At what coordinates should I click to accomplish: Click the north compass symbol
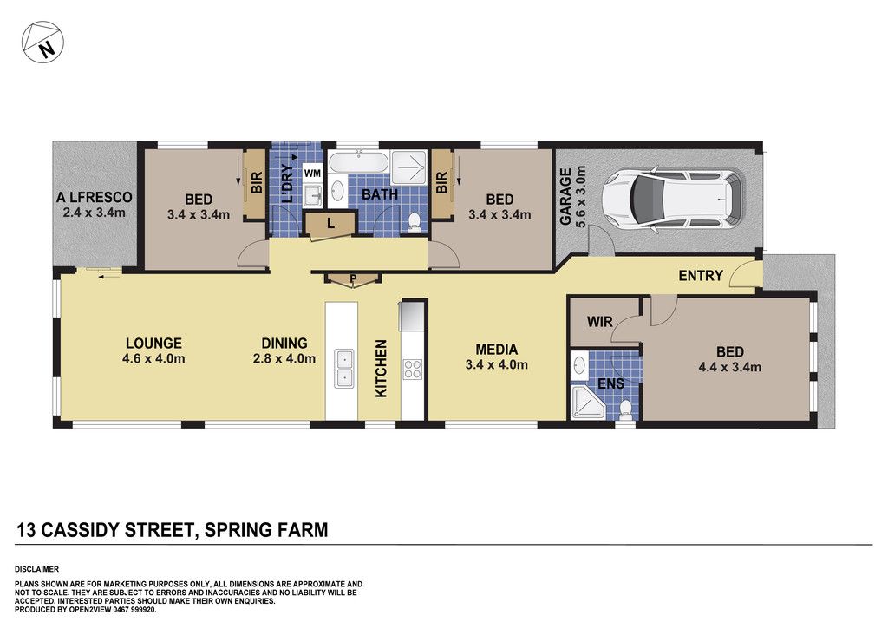tap(42, 43)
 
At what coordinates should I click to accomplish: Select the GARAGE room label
tap(565, 197)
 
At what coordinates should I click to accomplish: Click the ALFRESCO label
tap(94, 198)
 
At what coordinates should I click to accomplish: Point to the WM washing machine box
tap(312, 174)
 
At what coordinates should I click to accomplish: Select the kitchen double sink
tap(343, 368)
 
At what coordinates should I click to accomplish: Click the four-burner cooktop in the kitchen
tap(412, 369)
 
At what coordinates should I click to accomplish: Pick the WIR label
tap(600, 322)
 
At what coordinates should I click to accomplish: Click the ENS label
tap(611, 383)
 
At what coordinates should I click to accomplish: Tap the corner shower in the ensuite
tap(587, 403)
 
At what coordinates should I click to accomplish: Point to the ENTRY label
tap(701, 276)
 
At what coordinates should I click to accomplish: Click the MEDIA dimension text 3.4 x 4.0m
tap(497, 365)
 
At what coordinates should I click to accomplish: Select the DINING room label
tap(284, 344)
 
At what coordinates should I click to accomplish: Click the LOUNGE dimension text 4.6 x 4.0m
tap(153, 358)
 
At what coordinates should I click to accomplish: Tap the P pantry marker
tap(352, 278)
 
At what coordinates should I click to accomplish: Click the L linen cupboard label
tap(330, 224)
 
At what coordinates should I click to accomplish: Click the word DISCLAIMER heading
tap(36, 569)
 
